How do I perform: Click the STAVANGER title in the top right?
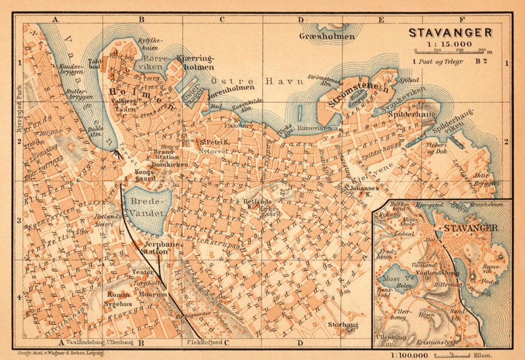coord(450,33)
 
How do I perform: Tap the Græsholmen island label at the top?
coord(327,36)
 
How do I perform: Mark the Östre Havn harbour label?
coord(257,82)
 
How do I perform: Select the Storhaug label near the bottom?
coord(343,325)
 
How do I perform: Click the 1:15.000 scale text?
coord(449,44)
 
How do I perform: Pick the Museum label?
coord(152,294)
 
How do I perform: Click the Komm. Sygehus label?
coord(120,299)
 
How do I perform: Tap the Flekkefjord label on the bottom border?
coord(204,342)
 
